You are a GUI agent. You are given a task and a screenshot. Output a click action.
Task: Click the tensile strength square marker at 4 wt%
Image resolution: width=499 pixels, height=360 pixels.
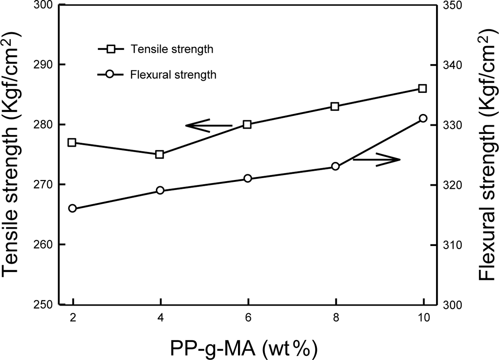(160, 154)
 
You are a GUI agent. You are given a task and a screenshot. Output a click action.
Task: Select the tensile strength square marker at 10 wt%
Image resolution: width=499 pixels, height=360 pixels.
(423, 88)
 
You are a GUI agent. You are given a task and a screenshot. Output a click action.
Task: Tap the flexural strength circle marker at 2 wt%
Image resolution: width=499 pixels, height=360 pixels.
(72, 208)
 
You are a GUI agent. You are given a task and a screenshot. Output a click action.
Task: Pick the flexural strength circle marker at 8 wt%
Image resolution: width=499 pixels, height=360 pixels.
(335, 166)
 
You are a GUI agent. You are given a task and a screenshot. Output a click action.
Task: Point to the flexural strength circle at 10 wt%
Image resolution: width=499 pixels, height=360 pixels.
(423, 118)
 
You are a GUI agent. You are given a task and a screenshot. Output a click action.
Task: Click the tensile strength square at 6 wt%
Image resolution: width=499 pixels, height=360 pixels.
(247, 125)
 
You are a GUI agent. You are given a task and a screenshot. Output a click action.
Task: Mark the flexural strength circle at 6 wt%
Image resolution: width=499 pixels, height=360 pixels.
(247, 178)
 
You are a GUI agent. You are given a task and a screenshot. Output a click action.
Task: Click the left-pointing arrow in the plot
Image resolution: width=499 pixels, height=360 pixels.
(208, 125)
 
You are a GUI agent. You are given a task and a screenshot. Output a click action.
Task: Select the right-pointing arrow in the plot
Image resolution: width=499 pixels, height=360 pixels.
(376, 159)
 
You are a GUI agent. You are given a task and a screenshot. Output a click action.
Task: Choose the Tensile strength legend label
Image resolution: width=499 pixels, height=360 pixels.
(172, 49)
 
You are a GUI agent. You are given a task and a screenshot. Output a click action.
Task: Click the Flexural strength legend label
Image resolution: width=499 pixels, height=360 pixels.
(173, 75)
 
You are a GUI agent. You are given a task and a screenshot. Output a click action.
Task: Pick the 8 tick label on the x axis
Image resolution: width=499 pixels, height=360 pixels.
(336, 318)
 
